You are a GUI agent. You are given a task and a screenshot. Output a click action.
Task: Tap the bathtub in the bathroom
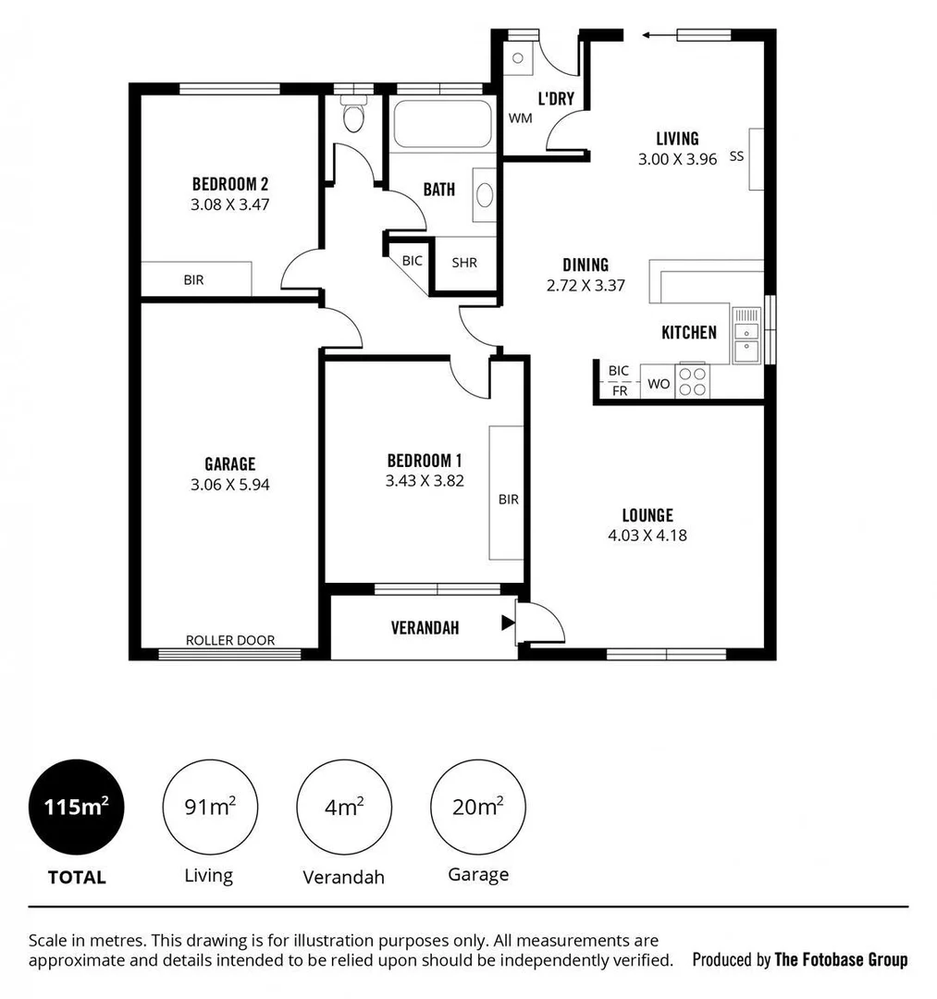(x=439, y=125)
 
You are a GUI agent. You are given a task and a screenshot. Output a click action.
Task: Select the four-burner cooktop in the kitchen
(x=692, y=381)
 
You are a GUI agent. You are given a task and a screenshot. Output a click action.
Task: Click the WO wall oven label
(x=659, y=384)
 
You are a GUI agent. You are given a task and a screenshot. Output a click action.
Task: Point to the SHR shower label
(x=464, y=263)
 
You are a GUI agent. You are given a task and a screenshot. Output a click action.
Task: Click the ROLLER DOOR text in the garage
(x=230, y=640)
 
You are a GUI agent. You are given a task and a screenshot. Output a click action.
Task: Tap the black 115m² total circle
(x=77, y=807)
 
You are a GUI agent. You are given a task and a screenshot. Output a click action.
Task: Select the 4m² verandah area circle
(x=343, y=807)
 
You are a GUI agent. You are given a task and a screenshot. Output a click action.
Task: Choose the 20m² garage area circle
(x=477, y=807)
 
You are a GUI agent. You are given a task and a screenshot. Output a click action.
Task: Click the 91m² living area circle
(x=209, y=807)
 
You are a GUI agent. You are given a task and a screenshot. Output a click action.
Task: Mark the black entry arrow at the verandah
(x=507, y=623)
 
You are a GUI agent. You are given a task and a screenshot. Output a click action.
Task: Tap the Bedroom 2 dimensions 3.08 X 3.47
(x=229, y=204)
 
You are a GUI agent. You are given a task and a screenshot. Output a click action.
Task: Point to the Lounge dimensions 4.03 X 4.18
(x=647, y=535)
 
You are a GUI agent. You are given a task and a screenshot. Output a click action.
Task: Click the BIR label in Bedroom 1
(x=508, y=499)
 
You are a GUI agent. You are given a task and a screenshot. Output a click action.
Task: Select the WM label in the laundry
(x=519, y=118)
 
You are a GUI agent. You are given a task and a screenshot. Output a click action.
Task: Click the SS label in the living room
(x=736, y=156)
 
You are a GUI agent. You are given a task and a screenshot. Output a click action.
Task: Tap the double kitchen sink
(x=746, y=339)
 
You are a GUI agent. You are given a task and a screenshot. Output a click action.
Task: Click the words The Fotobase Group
(x=841, y=959)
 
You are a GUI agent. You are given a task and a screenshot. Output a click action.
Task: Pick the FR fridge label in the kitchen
(x=619, y=390)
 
